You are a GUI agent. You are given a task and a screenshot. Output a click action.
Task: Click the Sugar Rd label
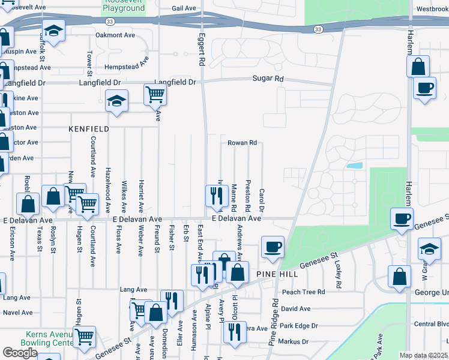267,79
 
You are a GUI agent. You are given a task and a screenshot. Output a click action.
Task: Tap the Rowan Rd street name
242,143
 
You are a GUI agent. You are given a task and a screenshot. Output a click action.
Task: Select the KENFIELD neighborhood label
89,129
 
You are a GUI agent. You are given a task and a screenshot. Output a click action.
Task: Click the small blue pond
354,165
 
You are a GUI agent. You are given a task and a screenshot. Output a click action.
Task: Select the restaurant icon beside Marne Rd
215,195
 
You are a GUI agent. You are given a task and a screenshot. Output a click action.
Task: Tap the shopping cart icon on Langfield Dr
155,94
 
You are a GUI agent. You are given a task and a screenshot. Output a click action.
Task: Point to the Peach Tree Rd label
303,292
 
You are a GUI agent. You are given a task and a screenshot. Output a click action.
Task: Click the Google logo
20,353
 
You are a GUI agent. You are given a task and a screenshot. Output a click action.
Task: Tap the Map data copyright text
423,355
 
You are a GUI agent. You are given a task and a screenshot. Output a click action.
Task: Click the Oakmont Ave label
115,35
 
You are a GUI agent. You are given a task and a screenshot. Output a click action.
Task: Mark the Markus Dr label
294,341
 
